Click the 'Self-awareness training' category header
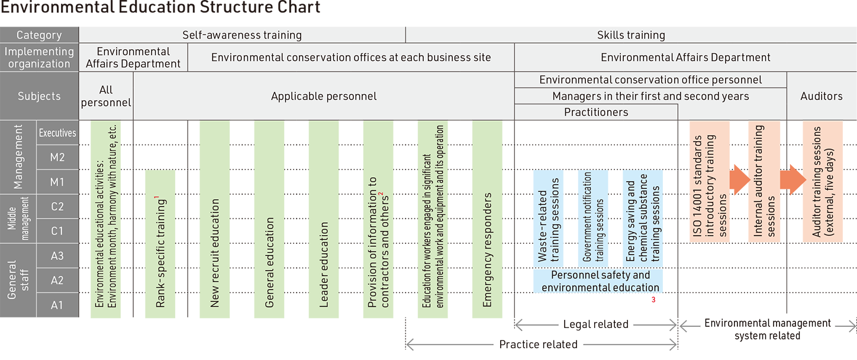(242, 35)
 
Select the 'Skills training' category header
(631, 35)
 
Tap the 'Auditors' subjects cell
(821, 96)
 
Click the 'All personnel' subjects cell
(106, 96)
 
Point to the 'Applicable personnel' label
(324, 96)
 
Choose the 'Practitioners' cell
(596, 112)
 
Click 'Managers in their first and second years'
(650, 96)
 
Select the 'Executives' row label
(57, 133)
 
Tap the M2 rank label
(57, 157)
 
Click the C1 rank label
(57, 231)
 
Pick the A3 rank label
(57, 256)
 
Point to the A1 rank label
(57, 305)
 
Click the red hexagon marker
(653, 304)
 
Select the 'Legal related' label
(595, 324)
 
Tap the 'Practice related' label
(538, 345)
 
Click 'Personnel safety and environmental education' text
(600, 281)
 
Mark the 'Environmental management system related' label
(767, 329)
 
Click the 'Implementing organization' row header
(39, 57)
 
